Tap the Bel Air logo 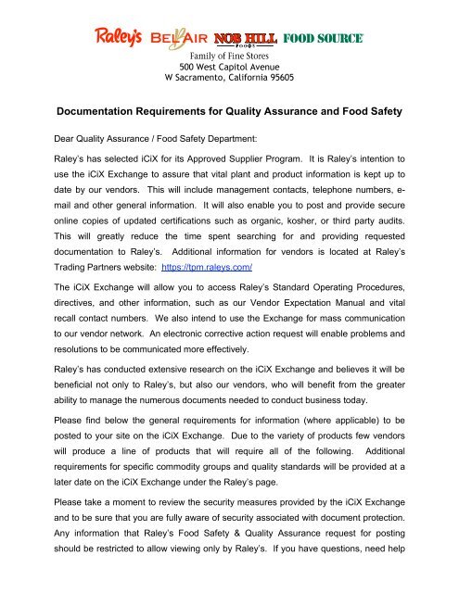coord(185,38)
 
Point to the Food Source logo coord(323,39)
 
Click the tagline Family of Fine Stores coord(229,55)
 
